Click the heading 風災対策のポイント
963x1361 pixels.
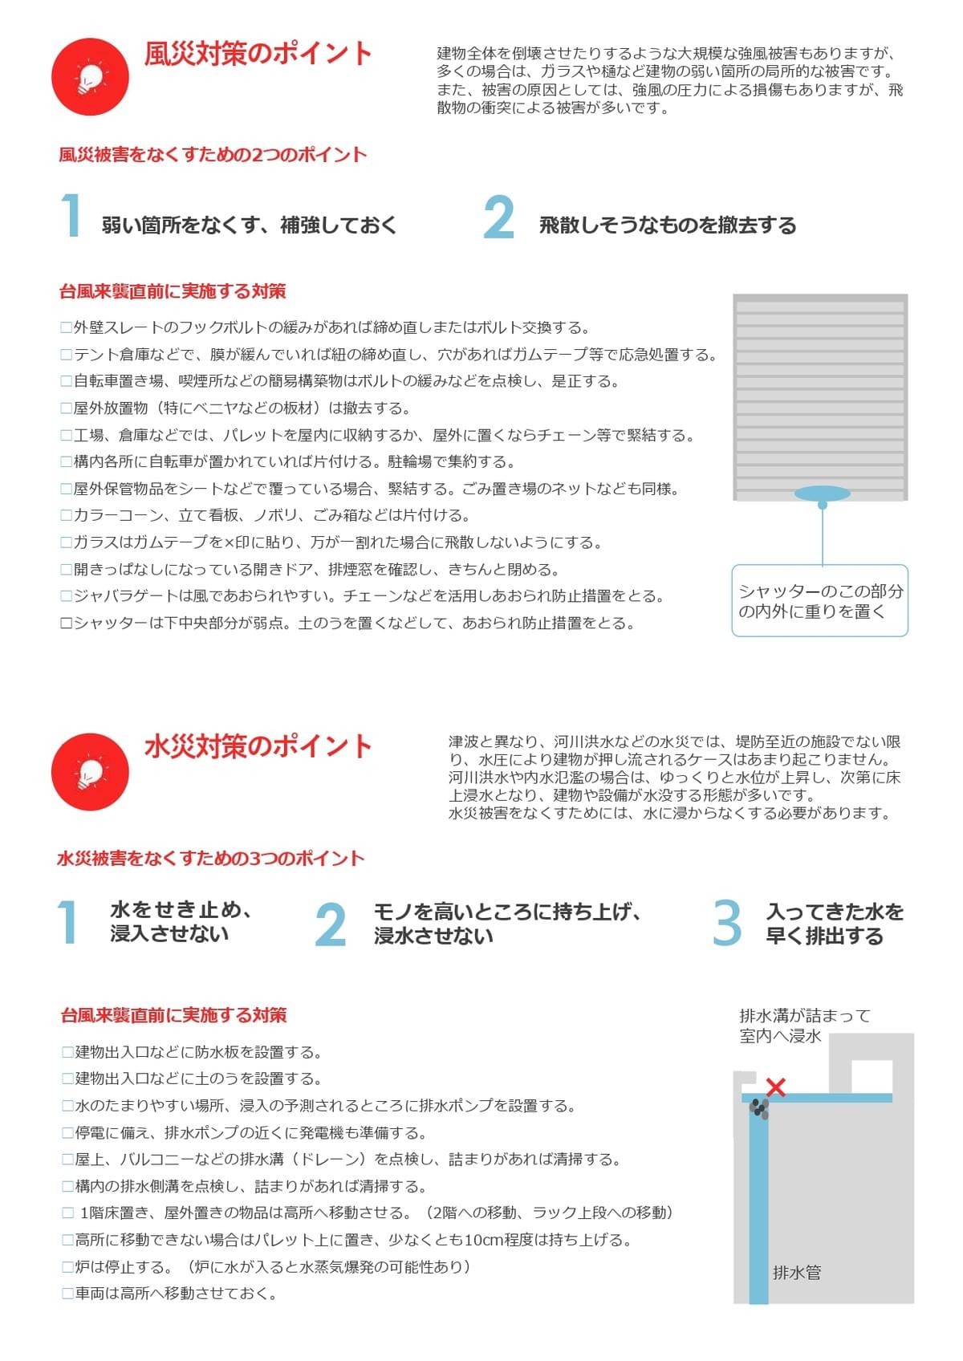pos(258,54)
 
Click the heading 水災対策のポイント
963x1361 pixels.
pos(258,746)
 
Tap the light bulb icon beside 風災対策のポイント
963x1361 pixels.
pos(90,77)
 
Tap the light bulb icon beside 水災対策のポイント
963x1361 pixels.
pos(90,772)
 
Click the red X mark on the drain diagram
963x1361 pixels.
pos(775,1087)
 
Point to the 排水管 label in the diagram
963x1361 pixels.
pos(797,1272)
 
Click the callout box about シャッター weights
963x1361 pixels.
pos(819,600)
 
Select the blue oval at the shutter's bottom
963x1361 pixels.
pos(822,494)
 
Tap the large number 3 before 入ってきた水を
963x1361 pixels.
pos(726,924)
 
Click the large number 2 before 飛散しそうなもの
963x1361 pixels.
pos(498,217)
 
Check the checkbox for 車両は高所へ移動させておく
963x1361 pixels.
pos(68,1294)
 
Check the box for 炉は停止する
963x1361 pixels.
pos(68,1267)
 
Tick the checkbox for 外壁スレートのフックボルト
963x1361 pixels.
pos(67,327)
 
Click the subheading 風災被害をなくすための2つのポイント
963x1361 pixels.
pos(213,155)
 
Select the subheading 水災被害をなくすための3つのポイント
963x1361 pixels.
pos(211,859)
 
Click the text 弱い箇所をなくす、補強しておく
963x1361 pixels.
pos(249,225)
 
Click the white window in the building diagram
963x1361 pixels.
pos(872,1077)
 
